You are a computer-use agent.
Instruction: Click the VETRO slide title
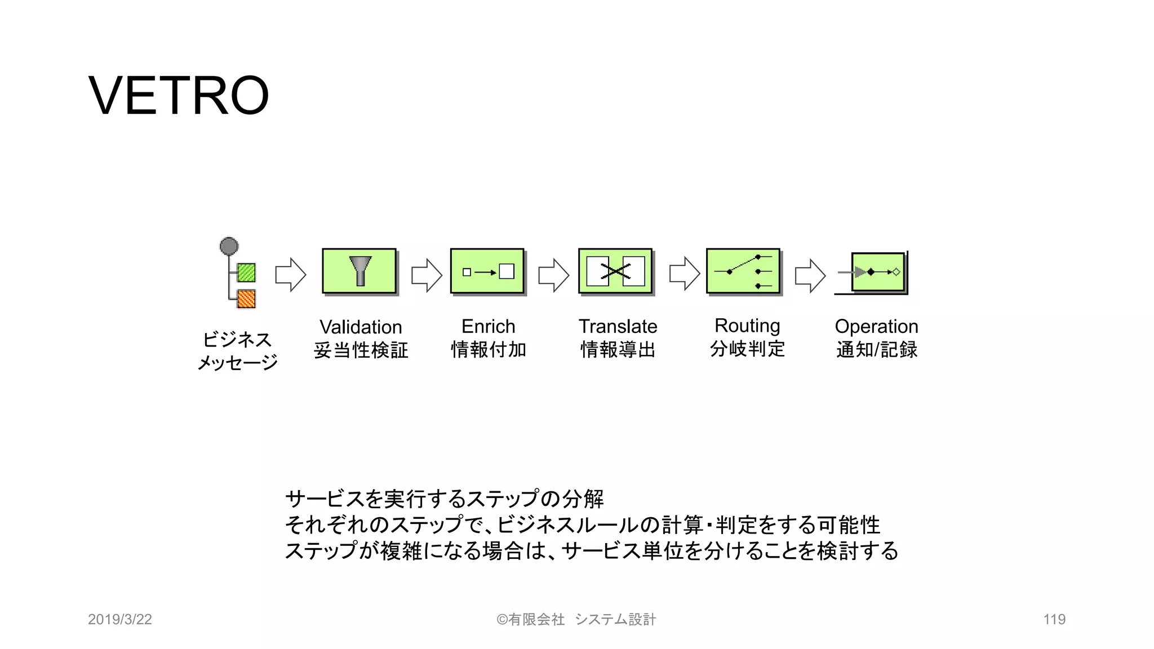179,95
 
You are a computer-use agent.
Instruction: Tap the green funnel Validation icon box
359,271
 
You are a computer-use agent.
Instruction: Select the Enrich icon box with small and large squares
487,271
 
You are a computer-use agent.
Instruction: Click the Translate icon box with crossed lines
615,271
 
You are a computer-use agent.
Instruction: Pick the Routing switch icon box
743,271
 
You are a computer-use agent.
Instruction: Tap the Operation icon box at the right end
878,273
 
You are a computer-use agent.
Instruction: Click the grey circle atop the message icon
229,246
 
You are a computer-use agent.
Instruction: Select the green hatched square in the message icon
246,273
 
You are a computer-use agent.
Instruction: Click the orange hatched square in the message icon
246,299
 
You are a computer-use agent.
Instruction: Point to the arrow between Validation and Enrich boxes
427,275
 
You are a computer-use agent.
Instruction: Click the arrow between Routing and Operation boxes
810,275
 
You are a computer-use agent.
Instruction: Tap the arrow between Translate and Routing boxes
684,274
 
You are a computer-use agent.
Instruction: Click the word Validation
361,327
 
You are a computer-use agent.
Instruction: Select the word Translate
618,326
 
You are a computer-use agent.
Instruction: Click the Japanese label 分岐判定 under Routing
747,349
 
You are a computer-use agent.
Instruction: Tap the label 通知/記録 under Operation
877,349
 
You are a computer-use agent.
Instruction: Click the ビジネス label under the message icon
237,339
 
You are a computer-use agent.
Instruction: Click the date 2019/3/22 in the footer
120,619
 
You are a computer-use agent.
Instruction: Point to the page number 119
1054,619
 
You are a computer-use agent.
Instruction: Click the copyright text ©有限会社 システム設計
576,619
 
